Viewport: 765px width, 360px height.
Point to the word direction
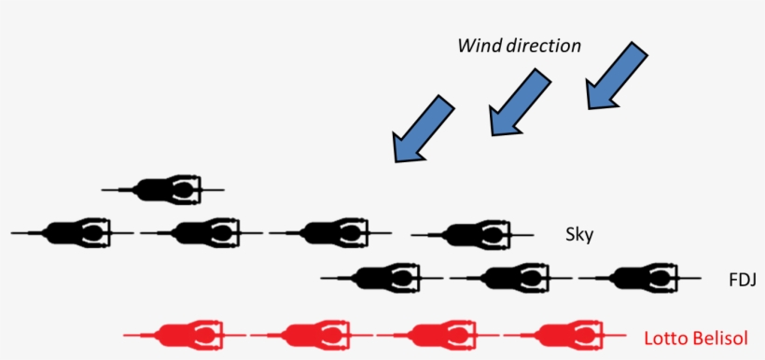click(544, 46)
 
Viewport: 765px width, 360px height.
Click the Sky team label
click(579, 233)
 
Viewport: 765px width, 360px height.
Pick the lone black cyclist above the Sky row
click(163, 189)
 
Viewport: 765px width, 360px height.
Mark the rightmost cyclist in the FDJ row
click(639, 277)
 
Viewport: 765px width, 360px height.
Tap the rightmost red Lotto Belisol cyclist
click(566, 334)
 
